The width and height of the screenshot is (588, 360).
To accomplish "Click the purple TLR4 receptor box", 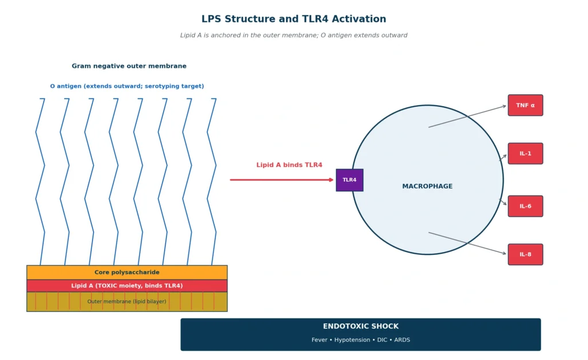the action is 350,180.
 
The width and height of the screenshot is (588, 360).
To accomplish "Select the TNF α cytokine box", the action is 525,106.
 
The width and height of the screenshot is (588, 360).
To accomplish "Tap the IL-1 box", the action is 525,153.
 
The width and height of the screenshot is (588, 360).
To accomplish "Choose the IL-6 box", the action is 525,206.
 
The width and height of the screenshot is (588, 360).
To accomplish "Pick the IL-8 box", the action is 525,254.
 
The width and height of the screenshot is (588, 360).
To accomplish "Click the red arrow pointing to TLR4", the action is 281,180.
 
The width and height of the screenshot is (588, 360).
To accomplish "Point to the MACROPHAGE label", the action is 427,187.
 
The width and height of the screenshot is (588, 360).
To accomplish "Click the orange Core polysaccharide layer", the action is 127,272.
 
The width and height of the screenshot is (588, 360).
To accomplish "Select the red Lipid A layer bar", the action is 127,286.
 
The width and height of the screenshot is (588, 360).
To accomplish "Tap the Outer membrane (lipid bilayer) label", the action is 127,301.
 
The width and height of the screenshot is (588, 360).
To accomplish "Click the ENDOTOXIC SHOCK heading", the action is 361,326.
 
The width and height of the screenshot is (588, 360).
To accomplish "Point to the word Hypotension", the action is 352,340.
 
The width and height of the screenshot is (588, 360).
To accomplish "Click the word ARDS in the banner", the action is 402,340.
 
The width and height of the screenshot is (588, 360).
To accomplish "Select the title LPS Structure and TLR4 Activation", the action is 293,19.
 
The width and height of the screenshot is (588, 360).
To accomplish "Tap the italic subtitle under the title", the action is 293,35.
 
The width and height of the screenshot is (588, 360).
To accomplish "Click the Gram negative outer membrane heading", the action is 129,66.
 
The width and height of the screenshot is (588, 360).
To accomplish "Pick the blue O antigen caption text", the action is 127,86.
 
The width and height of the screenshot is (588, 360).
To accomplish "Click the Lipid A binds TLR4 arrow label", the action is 289,165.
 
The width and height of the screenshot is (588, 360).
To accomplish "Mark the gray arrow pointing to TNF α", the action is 467,117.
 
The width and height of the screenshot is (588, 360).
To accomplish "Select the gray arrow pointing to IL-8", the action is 467,243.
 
